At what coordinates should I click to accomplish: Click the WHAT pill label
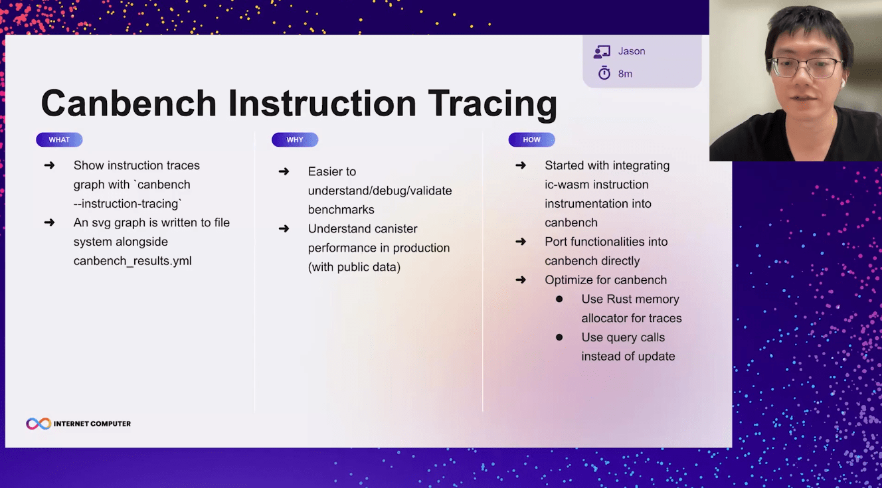[59, 139]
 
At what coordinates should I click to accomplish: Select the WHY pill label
[294, 139]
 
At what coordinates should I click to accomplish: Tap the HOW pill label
[531, 139]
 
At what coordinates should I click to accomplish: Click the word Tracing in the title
[493, 104]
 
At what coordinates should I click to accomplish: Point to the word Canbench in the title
[129, 103]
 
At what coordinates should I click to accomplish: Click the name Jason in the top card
[632, 51]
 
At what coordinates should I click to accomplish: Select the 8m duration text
[625, 74]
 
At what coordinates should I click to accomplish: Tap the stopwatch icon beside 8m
[604, 73]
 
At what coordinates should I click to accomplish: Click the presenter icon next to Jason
[602, 52]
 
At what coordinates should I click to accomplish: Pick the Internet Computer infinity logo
[39, 424]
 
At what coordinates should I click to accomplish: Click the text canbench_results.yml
[132, 260]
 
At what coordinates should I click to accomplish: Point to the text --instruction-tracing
[127, 203]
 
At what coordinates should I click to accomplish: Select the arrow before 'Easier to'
[284, 171]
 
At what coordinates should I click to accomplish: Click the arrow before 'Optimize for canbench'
[521, 280]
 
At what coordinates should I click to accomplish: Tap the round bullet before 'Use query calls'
[559, 337]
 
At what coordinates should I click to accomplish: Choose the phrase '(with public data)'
[354, 267]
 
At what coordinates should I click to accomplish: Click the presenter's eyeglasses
[805, 67]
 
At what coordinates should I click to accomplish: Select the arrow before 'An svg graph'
[49, 222]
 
